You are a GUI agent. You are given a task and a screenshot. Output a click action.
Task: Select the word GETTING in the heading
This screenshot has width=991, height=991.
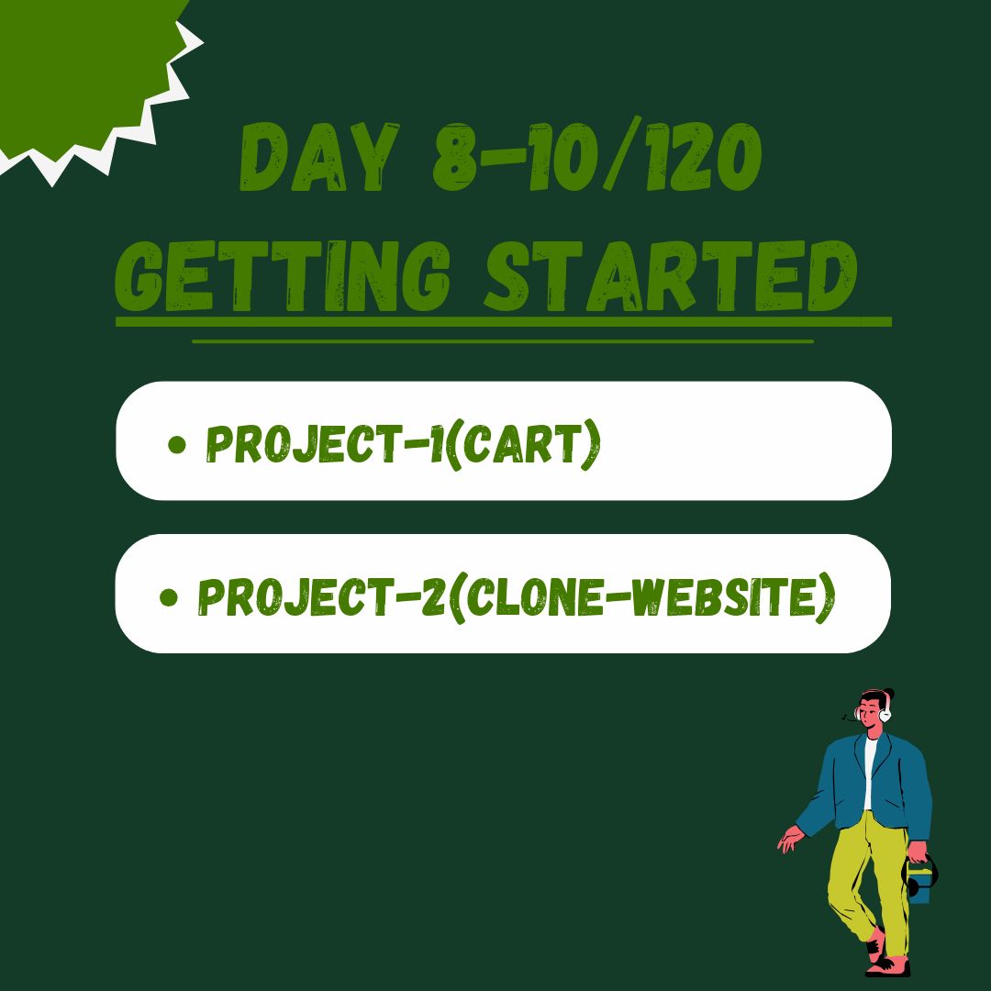point(283,276)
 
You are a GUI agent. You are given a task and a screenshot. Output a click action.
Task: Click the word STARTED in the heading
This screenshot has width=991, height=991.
point(671,276)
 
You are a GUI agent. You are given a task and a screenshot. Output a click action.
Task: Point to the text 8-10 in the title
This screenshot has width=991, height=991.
point(515,157)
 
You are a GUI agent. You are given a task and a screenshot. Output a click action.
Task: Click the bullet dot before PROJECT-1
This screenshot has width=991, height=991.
point(177,444)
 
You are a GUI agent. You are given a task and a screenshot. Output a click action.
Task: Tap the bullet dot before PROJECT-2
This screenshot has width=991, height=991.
point(168,596)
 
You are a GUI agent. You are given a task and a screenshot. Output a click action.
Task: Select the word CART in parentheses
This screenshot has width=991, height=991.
point(522,443)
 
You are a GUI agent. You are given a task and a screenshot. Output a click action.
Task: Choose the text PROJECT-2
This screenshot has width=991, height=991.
point(322,596)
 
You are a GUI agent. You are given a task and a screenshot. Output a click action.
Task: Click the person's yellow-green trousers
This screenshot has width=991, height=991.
point(869,885)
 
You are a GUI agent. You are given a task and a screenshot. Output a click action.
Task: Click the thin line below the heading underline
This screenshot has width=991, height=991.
point(503,341)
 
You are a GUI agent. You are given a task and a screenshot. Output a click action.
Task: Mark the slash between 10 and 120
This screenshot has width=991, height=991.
point(622,153)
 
